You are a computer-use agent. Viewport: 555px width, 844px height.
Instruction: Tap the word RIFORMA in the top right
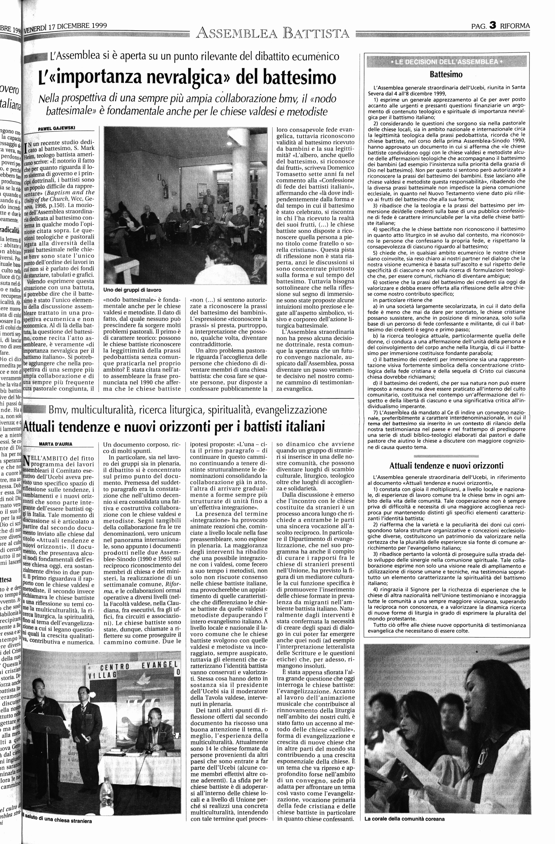click(515, 26)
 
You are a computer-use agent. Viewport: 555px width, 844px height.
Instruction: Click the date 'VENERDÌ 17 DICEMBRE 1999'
click(65, 27)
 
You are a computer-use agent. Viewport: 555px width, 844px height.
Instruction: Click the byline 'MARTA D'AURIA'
click(56, 444)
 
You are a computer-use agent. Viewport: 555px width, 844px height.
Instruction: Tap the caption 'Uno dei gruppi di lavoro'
click(132, 289)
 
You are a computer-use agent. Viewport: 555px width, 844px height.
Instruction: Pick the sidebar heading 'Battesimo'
click(446, 75)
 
